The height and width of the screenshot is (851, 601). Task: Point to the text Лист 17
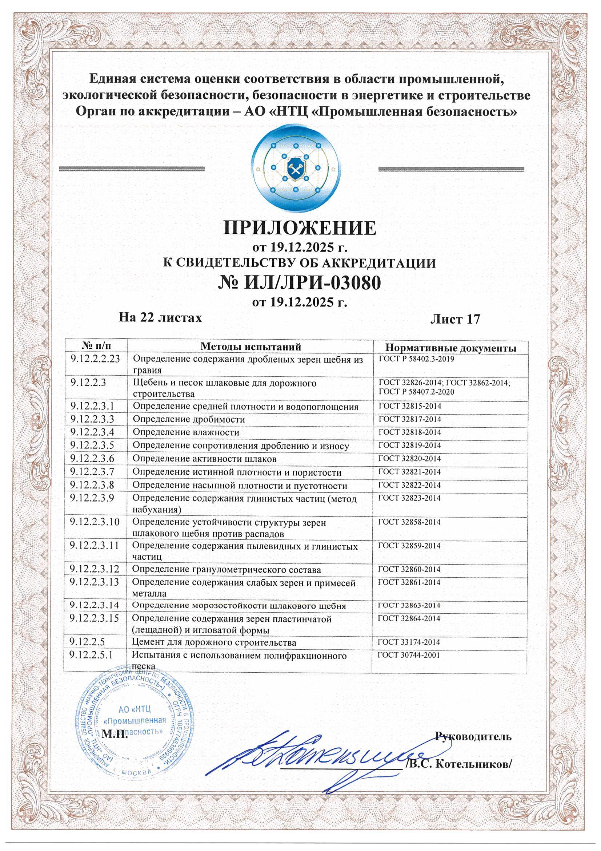click(455, 319)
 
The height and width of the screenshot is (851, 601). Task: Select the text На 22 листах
click(160, 318)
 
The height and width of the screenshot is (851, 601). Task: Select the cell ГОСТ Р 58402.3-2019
click(416, 359)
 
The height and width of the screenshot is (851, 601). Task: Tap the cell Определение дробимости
click(189, 419)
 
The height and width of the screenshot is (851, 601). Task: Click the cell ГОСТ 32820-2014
click(409, 459)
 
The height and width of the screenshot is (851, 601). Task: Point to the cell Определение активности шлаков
click(204, 459)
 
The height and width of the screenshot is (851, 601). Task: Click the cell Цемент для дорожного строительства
click(214, 642)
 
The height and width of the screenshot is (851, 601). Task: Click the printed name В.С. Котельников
click(459, 764)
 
